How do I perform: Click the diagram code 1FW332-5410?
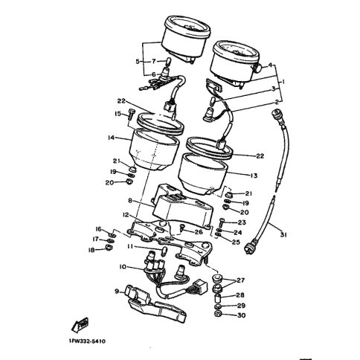87,341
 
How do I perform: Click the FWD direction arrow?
80,324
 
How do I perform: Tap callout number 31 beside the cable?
283,234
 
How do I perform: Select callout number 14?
112,138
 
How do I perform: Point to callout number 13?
254,176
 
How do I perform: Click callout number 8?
130,201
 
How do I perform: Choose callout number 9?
117,292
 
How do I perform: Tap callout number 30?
242,315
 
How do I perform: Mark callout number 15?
118,114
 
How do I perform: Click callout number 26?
199,232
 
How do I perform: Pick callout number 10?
123,267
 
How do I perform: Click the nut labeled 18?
109,247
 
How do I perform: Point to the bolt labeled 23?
222,222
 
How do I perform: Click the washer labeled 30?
218,315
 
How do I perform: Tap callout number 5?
138,61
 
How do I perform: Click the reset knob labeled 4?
259,68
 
